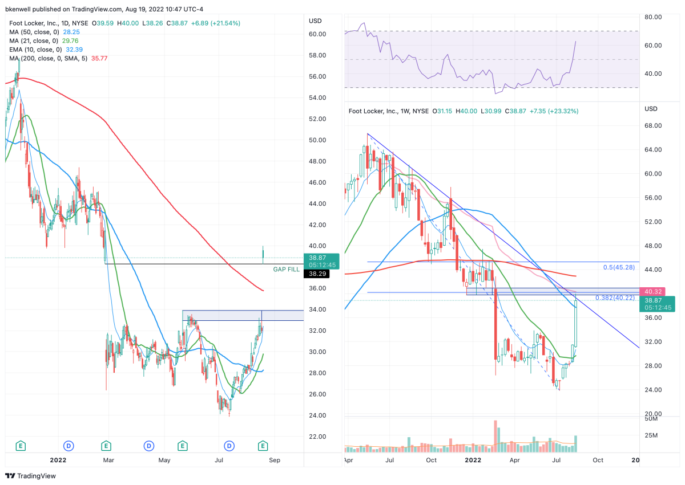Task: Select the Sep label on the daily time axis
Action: coord(274,459)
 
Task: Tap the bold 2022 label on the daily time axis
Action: coord(58,459)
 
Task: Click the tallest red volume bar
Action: coord(495,434)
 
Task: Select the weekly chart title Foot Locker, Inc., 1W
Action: coord(381,111)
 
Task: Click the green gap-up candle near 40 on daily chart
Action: coord(263,255)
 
